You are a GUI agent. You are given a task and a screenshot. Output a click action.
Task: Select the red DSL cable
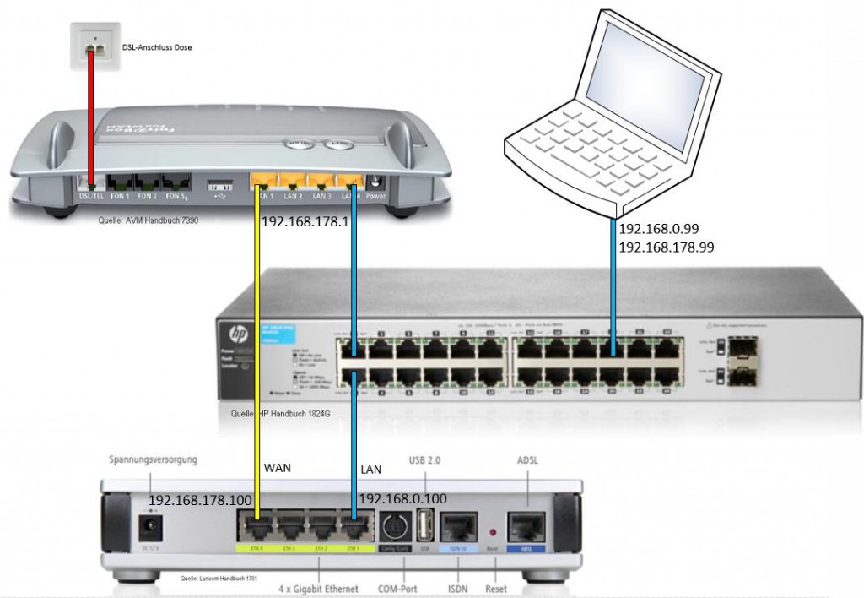90,118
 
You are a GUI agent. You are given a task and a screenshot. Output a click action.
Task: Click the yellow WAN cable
257,355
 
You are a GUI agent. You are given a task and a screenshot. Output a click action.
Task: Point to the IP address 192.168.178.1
305,223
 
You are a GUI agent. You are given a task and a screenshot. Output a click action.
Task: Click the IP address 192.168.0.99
659,229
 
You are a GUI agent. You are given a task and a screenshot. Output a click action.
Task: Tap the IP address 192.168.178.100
200,500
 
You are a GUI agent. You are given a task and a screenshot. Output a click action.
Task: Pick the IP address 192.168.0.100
403,499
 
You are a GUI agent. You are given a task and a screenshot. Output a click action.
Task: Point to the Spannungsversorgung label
153,460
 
